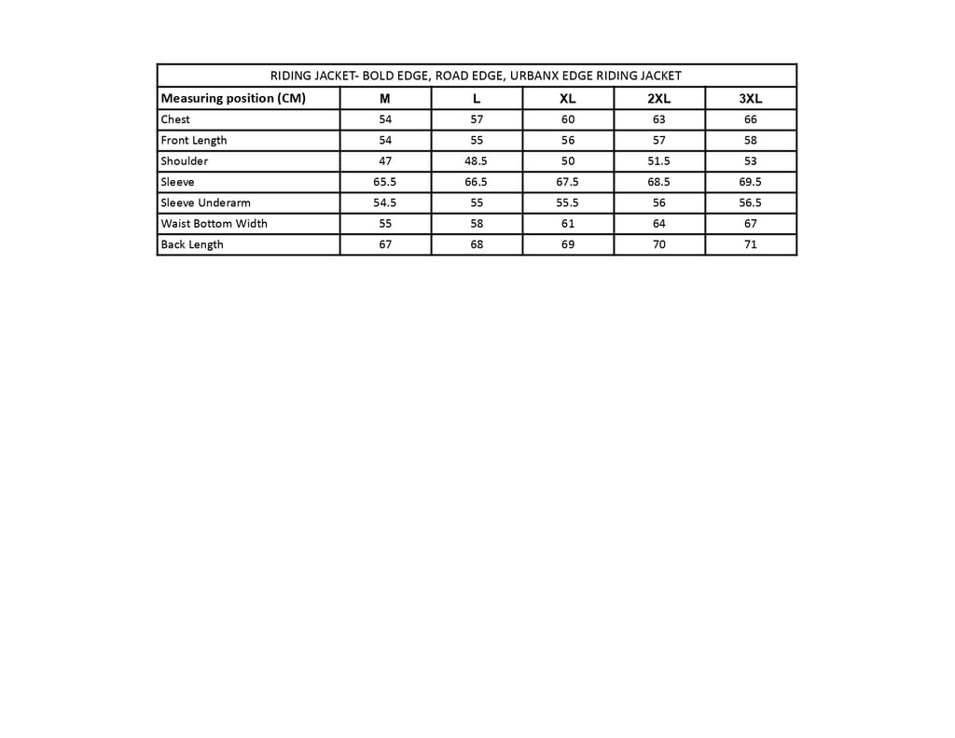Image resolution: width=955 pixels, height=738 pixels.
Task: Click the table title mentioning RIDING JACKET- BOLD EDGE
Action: [x=476, y=76]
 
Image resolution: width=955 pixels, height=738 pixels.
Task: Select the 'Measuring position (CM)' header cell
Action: [x=233, y=98]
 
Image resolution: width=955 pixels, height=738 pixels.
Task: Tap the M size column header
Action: [x=385, y=99]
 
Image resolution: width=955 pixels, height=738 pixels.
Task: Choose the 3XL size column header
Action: [x=751, y=99]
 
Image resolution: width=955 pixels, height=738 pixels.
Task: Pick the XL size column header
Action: [x=568, y=99]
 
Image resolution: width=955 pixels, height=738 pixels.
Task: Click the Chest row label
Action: [x=175, y=119]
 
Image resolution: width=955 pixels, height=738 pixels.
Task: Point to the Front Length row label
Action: [x=194, y=140]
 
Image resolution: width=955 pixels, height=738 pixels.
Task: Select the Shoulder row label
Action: [x=185, y=160]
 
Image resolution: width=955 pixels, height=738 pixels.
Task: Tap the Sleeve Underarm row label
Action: [x=205, y=202]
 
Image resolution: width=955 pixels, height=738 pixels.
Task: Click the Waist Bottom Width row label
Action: [x=214, y=223]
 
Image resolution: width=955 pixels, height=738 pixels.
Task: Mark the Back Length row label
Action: [x=192, y=244]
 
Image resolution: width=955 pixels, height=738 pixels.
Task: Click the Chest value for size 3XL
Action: [x=751, y=119]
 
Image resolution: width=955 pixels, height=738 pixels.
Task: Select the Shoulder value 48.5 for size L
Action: [x=477, y=160]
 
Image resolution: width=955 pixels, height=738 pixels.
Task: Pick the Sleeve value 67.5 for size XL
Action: [x=568, y=182]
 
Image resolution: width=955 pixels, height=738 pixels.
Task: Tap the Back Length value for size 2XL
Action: [x=659, y=244]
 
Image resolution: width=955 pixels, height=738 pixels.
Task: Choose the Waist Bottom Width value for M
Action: [x=385, y=223]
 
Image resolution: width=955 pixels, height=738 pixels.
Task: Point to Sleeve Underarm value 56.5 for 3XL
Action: [x=751, y=202]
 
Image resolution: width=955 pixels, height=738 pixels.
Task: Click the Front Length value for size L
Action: [x=477, y=140]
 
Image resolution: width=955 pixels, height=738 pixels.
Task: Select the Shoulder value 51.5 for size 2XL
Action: [x=659, y=160]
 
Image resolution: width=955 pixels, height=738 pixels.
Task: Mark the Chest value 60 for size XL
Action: [x=568, y=119]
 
